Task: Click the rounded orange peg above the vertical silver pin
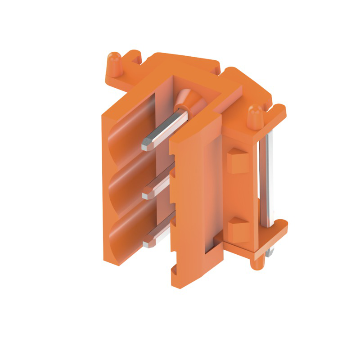coord(256,116)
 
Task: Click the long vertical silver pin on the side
coord(266,180)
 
